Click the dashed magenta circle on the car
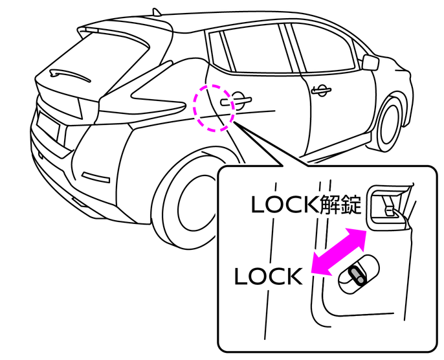click(x=214, y=107)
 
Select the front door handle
click(x=319, y=90)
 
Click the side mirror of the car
click(x=370, y=62)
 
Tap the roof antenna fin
click(x=157, y=11)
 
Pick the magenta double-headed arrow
click(x=338, y=253)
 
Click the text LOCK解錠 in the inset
click(x=307, y=206)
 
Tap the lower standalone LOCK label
click(x=268, y=277)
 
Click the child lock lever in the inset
click(x=357, y=275)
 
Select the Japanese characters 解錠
click(x=339, y=206)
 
